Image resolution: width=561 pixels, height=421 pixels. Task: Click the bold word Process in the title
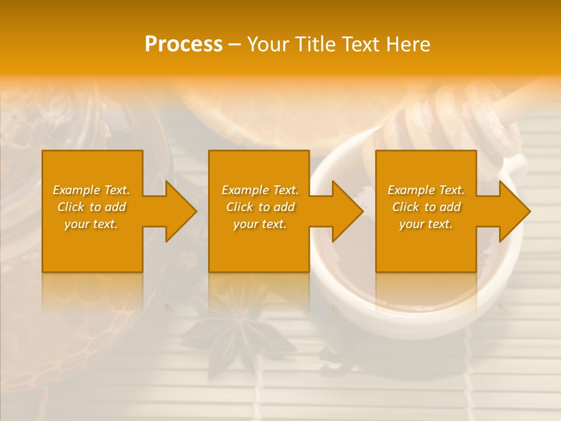point(183,44)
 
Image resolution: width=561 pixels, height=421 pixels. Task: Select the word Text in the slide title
point(361,44)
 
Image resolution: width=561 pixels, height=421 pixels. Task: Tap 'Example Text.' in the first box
point(91,190)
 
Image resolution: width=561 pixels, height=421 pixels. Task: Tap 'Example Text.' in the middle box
point(259,190)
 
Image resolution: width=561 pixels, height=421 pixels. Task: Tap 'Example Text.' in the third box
point(425,190)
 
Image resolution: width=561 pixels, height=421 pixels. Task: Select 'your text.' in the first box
point(91,224)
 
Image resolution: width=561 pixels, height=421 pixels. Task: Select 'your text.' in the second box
point(259,224)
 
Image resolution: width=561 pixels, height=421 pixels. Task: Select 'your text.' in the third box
point(425,224)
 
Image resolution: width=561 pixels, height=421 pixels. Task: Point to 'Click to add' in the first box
point(91,207)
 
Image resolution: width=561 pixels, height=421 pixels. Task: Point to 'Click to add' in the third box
point(425,207)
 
